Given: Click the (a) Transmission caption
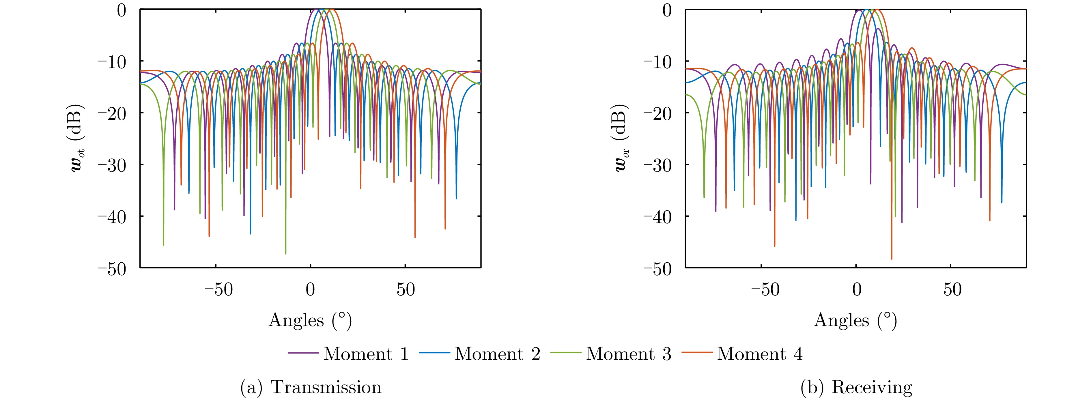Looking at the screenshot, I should pyautogui.click(x=311, y=387).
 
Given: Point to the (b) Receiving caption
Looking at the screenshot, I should pyautogui.click(x=856, y=387).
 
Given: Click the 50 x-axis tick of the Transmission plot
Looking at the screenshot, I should pyautogui.click(x=405, y=290).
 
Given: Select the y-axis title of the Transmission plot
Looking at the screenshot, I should pyautogui.click(x=78, y=139).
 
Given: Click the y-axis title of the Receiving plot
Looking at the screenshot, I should pyautogui.click(x=623, y=139).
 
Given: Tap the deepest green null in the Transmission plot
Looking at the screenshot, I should pyautogui.click(x=286, y=253).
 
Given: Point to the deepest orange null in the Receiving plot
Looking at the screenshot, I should pyautogui.click(x=892, y=258).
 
